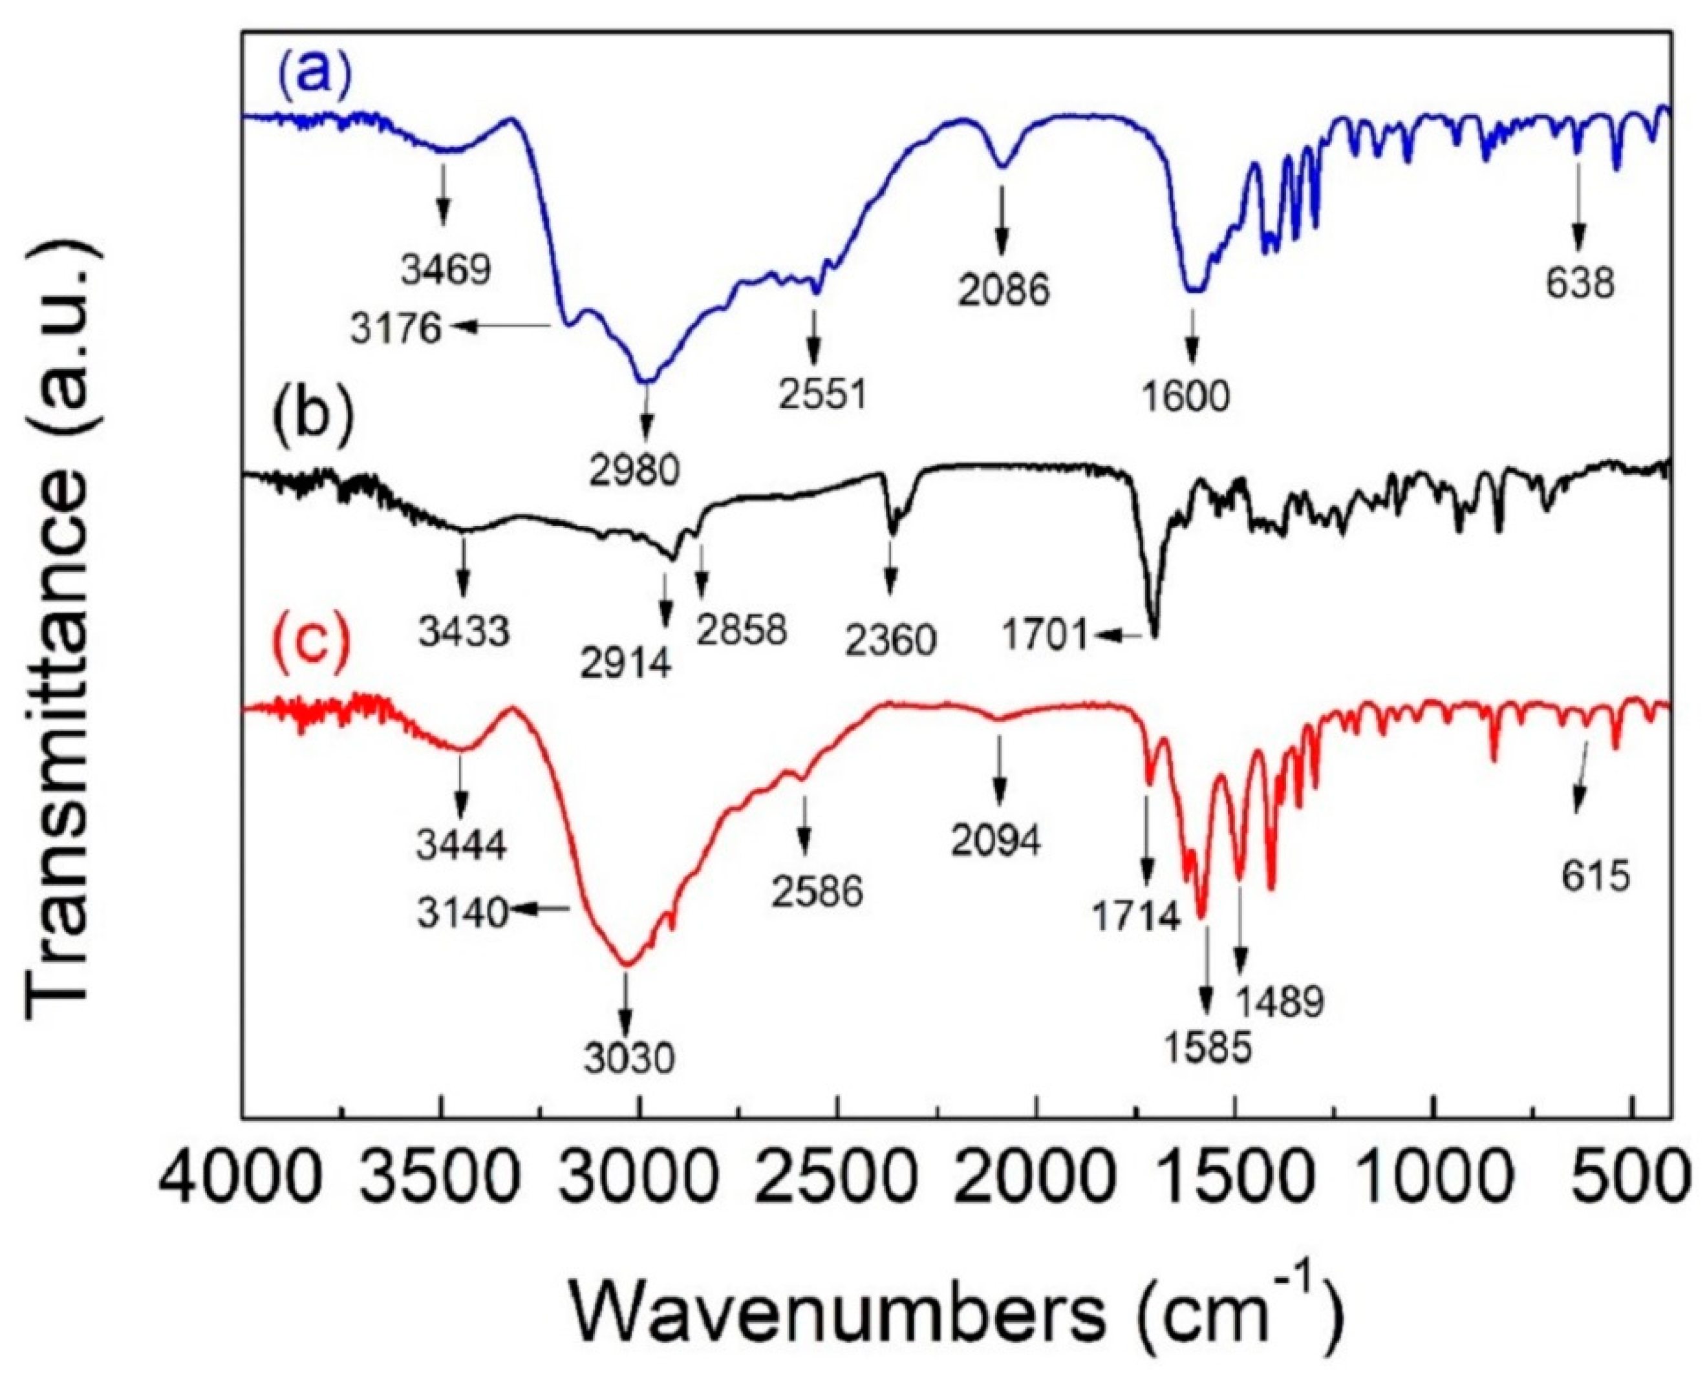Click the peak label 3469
(446, 270)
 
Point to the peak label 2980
(635, 471)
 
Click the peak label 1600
(1187, 395)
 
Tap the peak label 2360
(890, 639)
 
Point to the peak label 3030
(628, 1058)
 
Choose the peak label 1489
(1279, 1004)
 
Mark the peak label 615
(1596, 878)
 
